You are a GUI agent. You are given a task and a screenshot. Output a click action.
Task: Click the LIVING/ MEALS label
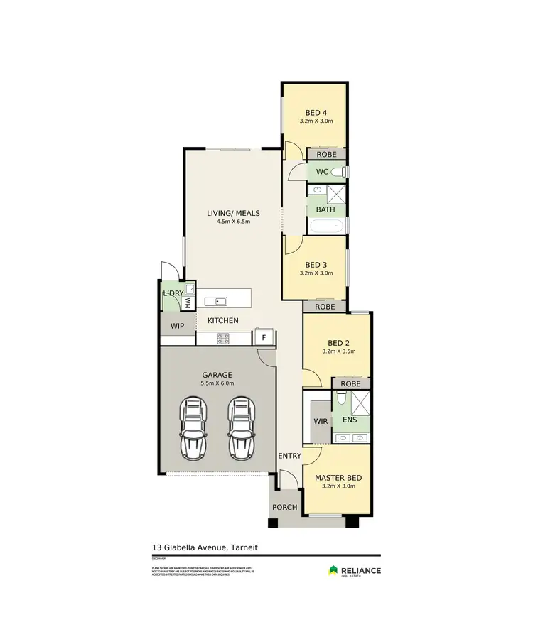point(233,213)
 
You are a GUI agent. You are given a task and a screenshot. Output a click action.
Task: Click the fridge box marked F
point(264,337)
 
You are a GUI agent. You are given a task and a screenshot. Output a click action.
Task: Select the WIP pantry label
point(176,326)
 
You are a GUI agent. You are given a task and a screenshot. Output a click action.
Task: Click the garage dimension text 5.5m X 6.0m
point(217,383)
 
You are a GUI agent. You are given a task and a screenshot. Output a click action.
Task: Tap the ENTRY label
point(289,456)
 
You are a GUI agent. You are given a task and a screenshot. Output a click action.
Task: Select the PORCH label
point(285,507)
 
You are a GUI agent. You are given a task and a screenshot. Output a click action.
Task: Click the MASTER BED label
point(338,478)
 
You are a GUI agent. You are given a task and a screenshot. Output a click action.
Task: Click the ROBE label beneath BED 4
point(326,154)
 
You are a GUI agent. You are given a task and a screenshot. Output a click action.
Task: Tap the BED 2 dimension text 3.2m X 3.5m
point(337,351)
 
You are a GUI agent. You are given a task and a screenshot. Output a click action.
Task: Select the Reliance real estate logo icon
point(333,570)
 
